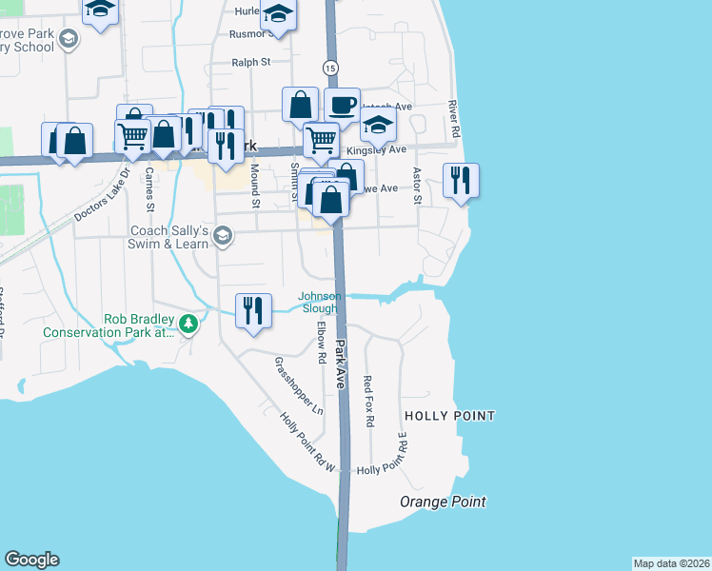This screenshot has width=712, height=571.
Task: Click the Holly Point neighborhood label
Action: pyautogui.click(x=449, y=416)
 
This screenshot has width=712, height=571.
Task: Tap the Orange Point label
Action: pyautogui.click(x=443, y=502)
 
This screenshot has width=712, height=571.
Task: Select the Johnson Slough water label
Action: pyautogui.click(x=319, y=302)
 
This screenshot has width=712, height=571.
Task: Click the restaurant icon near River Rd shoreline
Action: pyautogui.click(x=461, y=180)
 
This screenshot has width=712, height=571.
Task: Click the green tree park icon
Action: pyautogui.click(x=189, y=325)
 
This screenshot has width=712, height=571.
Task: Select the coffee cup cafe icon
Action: pyautogui.click(x=342, y=105)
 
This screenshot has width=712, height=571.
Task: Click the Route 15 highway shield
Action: pyautogui.click(x=329, y=68)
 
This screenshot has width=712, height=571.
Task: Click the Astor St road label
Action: pyautogui.click(x=416, y=186)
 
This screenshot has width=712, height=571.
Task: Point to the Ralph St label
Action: pyautogui.click(x=251, y=62)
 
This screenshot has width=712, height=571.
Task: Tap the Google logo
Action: pyautogui.click(x=31, y=560)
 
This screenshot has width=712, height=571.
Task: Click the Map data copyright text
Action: pyautogui.click(x=671, y=562)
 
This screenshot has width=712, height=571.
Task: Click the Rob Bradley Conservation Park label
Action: pyautogui.click(x=109, y=325)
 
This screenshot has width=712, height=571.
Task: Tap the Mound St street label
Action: pyautogui.click(x=255, y=184)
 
